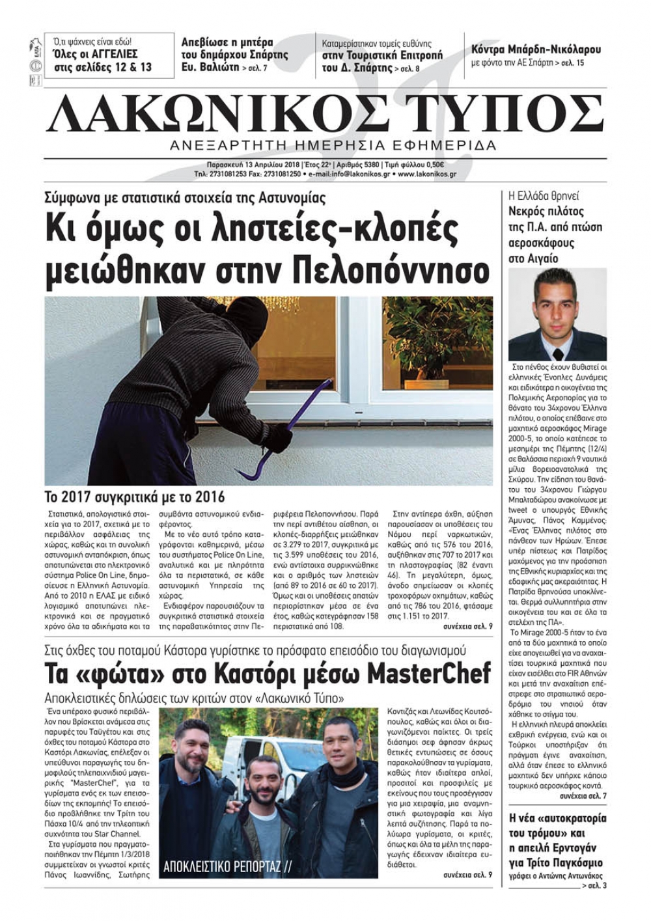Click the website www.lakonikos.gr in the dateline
426,174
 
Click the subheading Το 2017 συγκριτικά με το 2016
134,497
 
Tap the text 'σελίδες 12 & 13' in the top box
112,67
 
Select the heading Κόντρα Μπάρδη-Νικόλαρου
536,49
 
